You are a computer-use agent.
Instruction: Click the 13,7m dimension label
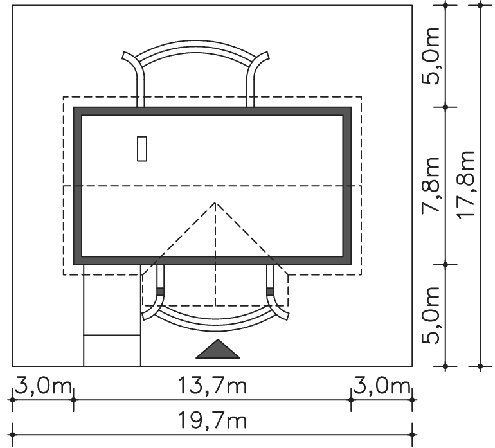(212, 386)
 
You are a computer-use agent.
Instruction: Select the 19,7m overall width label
(212, 420)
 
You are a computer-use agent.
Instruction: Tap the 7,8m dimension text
(431, 185)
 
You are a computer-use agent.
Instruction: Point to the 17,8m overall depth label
(465, 185)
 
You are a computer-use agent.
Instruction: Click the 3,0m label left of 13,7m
(43, 386)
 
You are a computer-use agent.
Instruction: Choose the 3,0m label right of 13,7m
(381, 386)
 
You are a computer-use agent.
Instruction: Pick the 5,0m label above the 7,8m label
(431, 56)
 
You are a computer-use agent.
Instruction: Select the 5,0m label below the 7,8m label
(431, 315)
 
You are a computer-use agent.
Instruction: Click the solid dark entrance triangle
(218, 351)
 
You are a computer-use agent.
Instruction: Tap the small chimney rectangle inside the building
(142, 148)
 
